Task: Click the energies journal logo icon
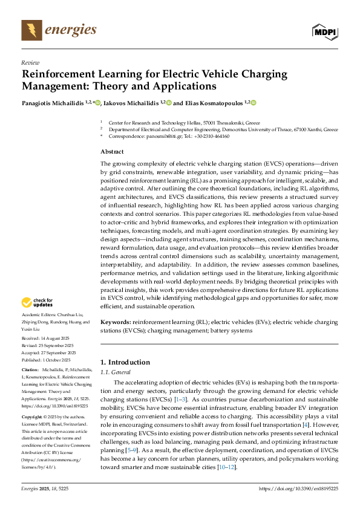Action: [x=32, y=30]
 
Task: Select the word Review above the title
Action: [x=30, y=62]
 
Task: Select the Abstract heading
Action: [x=112, y=152]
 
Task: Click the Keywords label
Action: [x=116, y=324]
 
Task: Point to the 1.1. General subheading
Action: [x=115, y=372]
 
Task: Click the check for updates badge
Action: [x=38, y=302]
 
